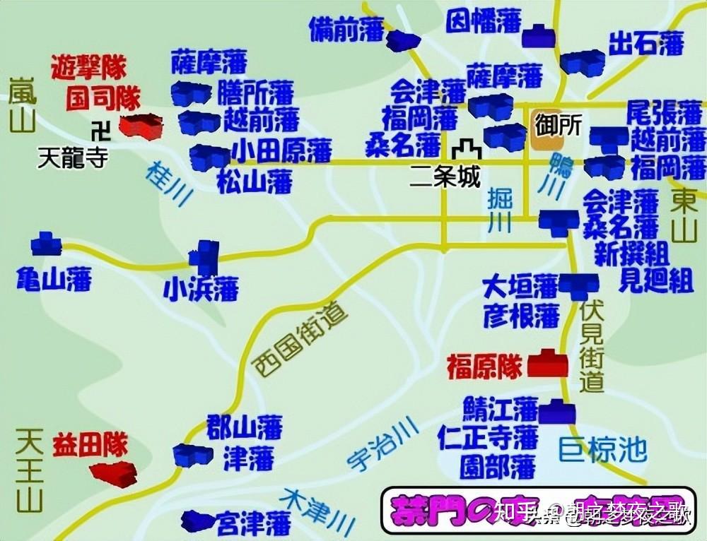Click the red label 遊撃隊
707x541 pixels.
click(88, 68)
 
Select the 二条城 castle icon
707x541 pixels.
click(467, 150)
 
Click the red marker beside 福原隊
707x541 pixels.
click(549, 364)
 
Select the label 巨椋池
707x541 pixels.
click(602, 449)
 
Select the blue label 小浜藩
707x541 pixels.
click(201, 288)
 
